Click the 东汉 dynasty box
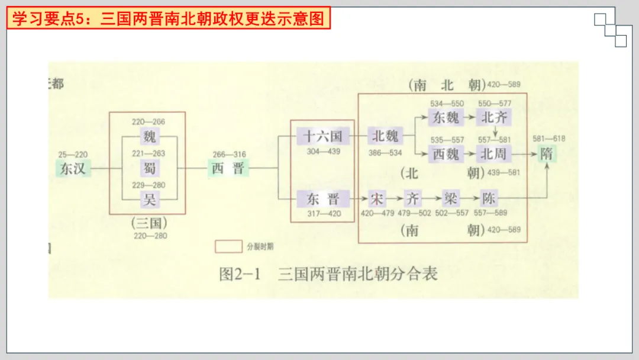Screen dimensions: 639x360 (73, 168)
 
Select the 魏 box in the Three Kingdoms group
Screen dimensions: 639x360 (149, 137)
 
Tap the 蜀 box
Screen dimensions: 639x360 (149, 168)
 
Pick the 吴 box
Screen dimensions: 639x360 (149, 200)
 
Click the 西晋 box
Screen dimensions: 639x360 (228, 168)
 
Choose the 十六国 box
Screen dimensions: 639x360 (323, 136)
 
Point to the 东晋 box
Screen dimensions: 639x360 (323, 199)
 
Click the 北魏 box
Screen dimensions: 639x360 (385, 136)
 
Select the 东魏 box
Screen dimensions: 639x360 (446, 117)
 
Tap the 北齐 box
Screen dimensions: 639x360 (495, 117)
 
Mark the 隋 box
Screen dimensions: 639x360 (547, 154)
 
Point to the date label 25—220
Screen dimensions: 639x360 (73, 155)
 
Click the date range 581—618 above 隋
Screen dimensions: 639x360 (548, 139)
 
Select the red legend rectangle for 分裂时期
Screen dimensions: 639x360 (228, 246)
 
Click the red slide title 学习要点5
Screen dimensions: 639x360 (169, 19)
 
